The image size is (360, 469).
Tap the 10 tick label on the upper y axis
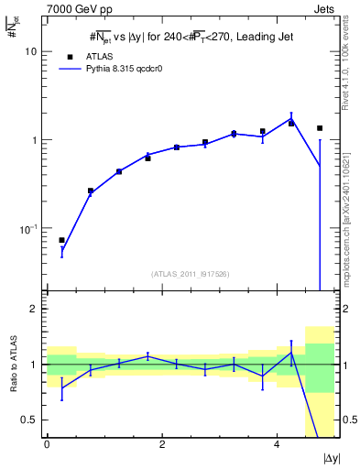(30, 52)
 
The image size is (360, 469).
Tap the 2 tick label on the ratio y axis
(33, 309)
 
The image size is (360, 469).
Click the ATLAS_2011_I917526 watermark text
(191, 273)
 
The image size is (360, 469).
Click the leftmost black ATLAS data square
(61, 240)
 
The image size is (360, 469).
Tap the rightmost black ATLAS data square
(320, 128)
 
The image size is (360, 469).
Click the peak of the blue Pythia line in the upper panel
(291, 117)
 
